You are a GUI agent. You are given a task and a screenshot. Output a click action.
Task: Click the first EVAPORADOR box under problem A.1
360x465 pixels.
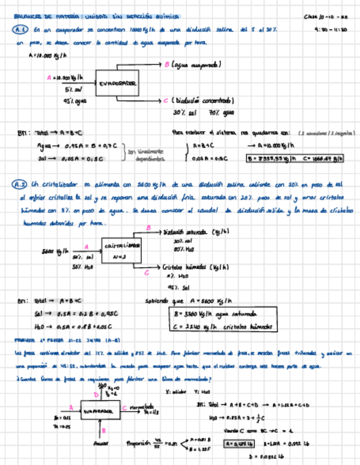[117, 84]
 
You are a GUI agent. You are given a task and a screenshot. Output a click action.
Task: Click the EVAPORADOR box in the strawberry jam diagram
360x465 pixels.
[99, 410]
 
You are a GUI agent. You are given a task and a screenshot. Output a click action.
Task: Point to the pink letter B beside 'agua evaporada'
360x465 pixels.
[167, 65]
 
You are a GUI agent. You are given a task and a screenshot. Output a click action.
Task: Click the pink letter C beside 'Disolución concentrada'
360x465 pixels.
[166, 100]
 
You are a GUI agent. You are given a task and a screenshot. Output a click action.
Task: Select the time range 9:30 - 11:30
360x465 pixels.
[331, 31]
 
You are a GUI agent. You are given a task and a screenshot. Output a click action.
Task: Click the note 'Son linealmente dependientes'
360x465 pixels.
[146, 155]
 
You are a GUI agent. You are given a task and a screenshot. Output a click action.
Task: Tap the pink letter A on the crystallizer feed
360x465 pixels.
[86, 247]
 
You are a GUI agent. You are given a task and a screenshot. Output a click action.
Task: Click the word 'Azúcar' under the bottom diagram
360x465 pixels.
[101, 442]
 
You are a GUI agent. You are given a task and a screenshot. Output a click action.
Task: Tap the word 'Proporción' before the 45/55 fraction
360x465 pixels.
[138, 442]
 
